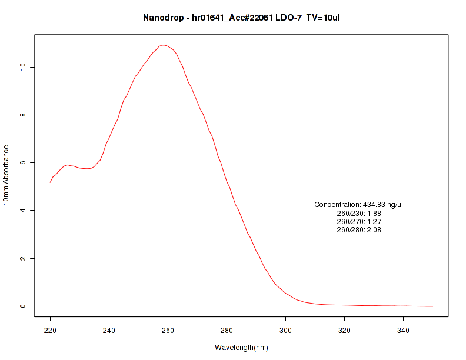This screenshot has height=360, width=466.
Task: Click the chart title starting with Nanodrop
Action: [241, 18]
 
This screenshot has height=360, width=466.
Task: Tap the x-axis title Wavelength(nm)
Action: [241, 348]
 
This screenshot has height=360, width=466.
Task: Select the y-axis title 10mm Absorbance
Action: [6, 175]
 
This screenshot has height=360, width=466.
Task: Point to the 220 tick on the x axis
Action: [51, 330]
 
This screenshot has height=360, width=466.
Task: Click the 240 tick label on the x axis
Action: [109, 330]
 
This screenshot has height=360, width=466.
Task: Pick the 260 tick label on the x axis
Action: [168, 330]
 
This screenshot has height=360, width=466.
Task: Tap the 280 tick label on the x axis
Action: [227, 330]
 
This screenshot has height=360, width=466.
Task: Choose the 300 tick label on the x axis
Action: [286, 330]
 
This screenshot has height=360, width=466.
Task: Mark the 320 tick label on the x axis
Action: [345, 330]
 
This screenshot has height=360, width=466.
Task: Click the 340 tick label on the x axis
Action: [404, 330]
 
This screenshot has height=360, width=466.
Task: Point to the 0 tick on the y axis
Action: [22, 306]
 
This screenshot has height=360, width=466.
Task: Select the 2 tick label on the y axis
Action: [22, 258]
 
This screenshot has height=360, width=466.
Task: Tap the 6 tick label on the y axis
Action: [22, 162]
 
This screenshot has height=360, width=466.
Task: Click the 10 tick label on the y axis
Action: [22, 67]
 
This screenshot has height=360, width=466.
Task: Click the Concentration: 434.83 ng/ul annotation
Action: [359, 205]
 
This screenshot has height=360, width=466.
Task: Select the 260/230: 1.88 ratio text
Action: [359, 213]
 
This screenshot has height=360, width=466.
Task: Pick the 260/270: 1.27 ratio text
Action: [359, 222]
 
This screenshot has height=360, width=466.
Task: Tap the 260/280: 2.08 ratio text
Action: [359, 230]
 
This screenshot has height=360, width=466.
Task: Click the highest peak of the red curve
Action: [164, 45]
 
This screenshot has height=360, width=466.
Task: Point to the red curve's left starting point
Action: [51, 182]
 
